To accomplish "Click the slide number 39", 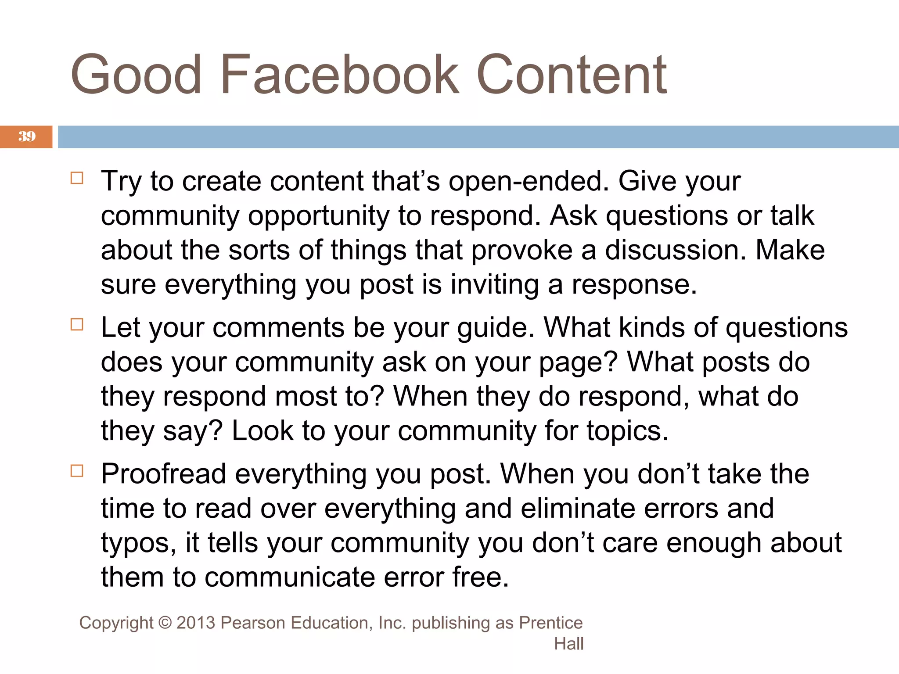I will click(x=27, y=136).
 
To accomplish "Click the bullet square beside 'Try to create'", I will click(x=77, y=178).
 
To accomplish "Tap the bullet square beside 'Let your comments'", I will click(x=77, y=325).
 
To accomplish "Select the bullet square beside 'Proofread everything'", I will click(x=77, y=471).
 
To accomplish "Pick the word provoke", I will click(x=522, y=250).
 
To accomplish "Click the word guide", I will click(x=496, y=328).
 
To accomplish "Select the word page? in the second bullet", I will click(x=578, y=362).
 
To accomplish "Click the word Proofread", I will click(x=163, y=474).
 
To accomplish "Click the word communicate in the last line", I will click(x=290, y=577).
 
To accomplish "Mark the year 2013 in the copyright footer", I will click(x=196, y=623).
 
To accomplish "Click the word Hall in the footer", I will click(x=568, y=644).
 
